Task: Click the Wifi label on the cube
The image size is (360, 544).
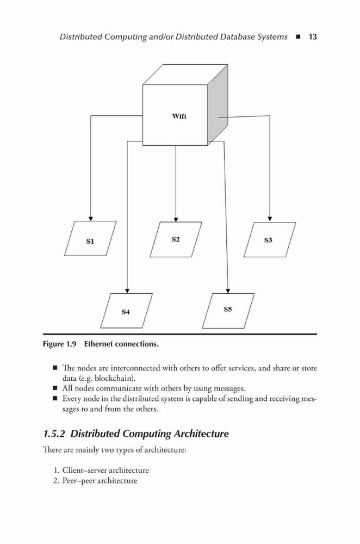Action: click(179, 116)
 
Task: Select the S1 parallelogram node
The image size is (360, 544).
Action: click(90, 239)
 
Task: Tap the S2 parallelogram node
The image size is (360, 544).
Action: click(176, 239)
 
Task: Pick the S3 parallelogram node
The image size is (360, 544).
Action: click(270, 240)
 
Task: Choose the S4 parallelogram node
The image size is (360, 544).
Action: click(126, 311)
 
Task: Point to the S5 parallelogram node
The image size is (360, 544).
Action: click(228, 311)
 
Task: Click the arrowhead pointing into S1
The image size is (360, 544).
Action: click(90, 219)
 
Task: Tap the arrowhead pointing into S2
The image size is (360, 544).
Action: click(176, 220)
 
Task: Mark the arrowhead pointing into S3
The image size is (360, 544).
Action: click(270, 219)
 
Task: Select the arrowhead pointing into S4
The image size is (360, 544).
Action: click(127, 290)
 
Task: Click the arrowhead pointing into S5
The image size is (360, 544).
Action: click(228, 290)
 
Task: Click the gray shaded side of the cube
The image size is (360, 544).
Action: click(218, 104)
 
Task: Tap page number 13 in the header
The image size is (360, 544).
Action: click(313, 37)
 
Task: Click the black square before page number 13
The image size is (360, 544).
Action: click(298, 37)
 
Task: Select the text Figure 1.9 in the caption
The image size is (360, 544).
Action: click(59, 344)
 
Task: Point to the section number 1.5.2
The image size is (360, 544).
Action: click(54, 434)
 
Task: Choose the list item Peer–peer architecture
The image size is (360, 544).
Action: click(100, 481)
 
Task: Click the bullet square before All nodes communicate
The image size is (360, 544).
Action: click(55, 388)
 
